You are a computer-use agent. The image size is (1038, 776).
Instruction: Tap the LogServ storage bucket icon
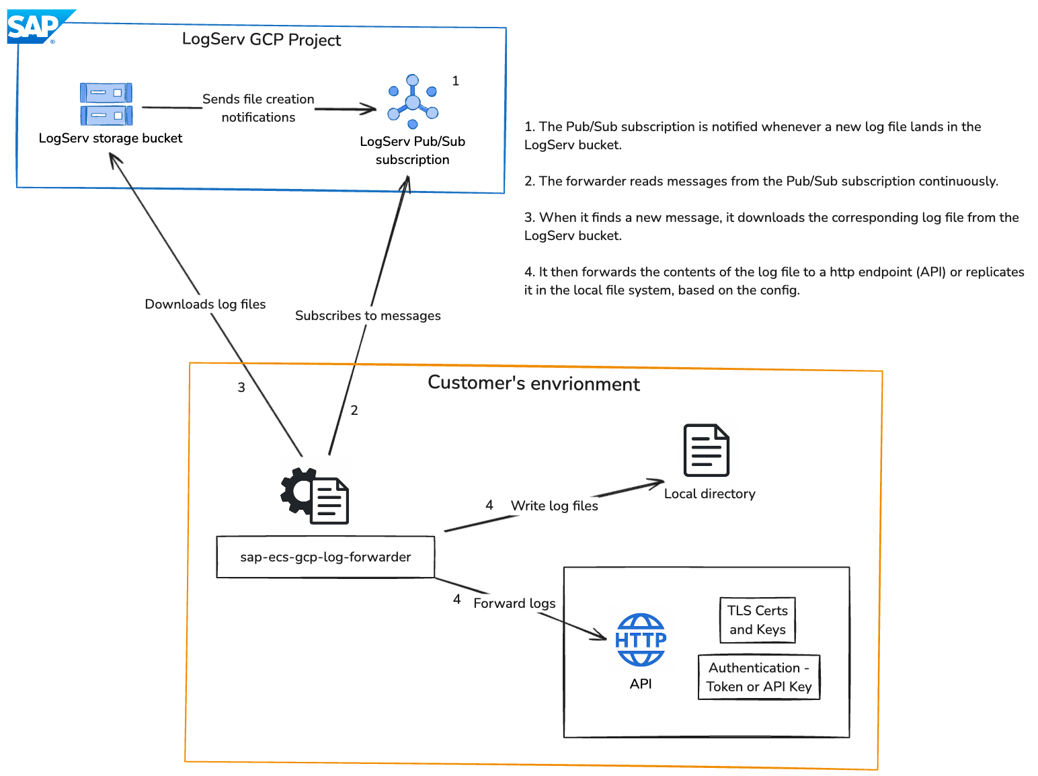pos(106,104)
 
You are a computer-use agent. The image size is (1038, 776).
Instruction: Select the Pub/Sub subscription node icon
pos(413,102)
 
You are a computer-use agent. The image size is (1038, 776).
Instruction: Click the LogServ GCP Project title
pos(262,40)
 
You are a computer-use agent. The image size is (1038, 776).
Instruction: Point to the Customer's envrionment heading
pos(534,383)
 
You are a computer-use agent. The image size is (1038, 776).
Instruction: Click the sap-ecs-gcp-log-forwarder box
pos(325,557)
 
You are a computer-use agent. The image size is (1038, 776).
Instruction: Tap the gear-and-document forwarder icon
pos(315,496)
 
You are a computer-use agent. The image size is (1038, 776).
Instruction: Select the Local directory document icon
pos(706,450)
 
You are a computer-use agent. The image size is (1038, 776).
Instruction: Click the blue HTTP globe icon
pos(641,639)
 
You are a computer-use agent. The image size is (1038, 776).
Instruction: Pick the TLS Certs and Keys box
pos(757,620)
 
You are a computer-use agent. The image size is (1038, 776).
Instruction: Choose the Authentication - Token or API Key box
pos(759,677)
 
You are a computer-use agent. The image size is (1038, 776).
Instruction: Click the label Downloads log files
pos(205,304)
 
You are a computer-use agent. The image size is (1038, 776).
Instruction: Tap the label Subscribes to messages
pos(368,315)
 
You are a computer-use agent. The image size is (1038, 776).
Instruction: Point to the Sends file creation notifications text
pos(258,108)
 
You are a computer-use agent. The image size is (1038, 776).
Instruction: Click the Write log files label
pos(554,506)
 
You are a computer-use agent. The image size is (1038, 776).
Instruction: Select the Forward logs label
pos(514,603)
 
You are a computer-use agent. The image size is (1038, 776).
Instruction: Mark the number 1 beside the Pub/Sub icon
pos(455,81)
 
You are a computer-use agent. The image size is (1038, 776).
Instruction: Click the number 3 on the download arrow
pos(241,387)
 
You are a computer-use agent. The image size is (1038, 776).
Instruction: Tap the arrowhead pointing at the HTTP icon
pos(600,635)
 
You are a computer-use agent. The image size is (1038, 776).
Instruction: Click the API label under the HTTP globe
pos(641,684)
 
